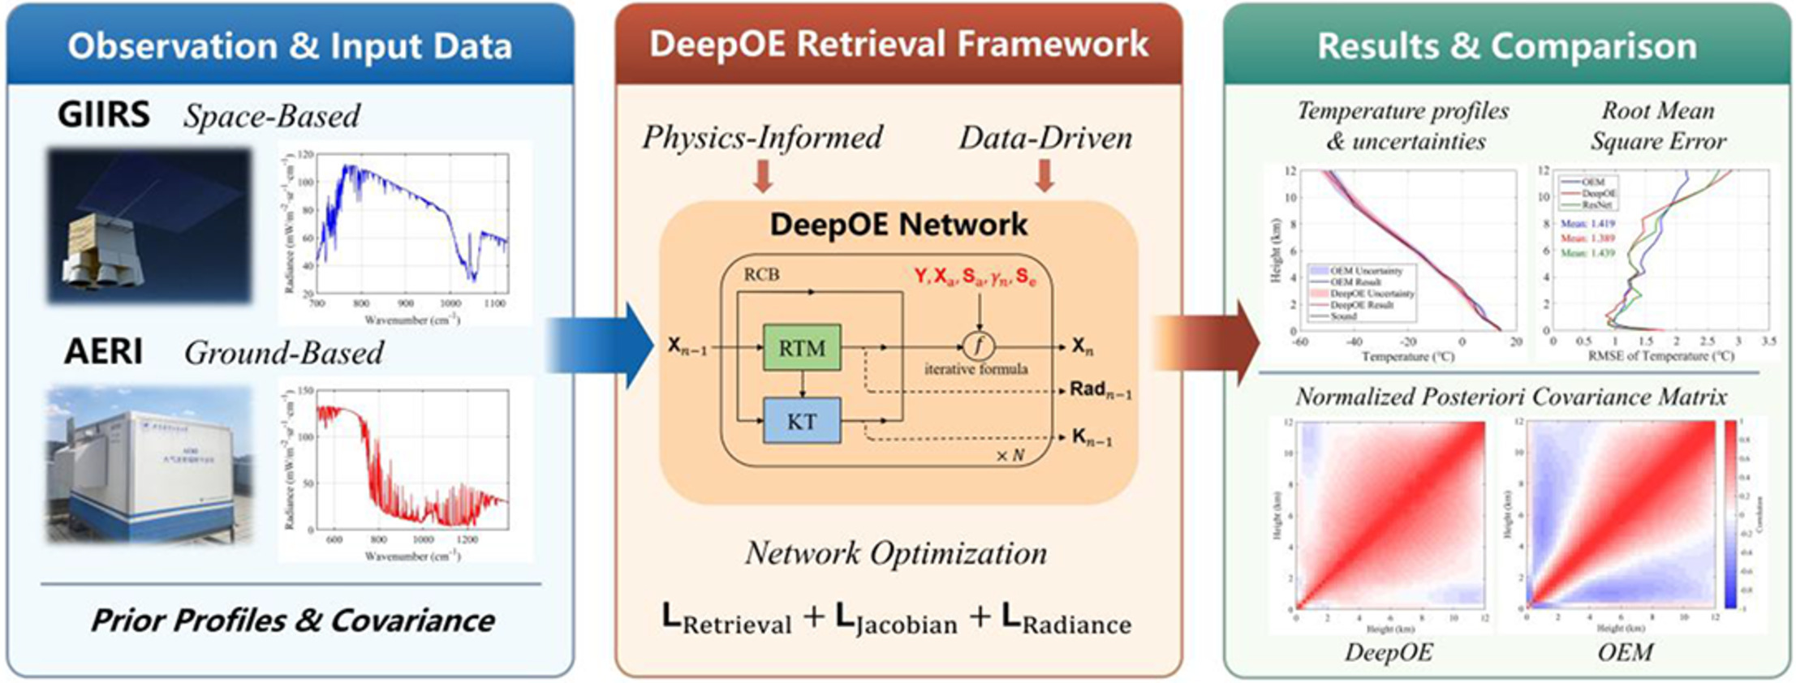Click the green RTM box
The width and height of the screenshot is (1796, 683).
(x=801, y=348)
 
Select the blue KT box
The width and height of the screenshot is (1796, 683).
(x=801, y=421)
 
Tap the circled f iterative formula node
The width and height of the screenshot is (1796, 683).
(x=979, y=346)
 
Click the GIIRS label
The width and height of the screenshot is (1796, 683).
(x=104, y=115)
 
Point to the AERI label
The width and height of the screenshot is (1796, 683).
(x=104, y=352)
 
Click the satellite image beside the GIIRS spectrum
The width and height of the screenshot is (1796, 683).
(x=149, y=226)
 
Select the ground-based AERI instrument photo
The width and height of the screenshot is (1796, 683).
(x=149, y=465)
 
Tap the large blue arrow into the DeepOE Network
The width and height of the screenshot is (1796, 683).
(x=601, y=346)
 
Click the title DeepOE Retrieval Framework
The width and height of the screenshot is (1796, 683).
(x=898, y=45)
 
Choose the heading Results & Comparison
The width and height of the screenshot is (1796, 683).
(x=1506, y=46)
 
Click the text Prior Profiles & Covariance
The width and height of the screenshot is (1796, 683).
(x=292, y=621)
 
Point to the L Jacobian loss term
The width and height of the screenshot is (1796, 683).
(x=896, y=620)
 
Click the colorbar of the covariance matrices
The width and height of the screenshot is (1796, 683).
(x=1729, y=514)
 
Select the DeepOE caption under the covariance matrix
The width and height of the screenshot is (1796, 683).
(x=1388, y=652)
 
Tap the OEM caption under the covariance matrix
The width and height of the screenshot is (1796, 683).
(x=1625, y=652)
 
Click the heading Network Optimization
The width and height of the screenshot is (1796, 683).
(x=896, y=553)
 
